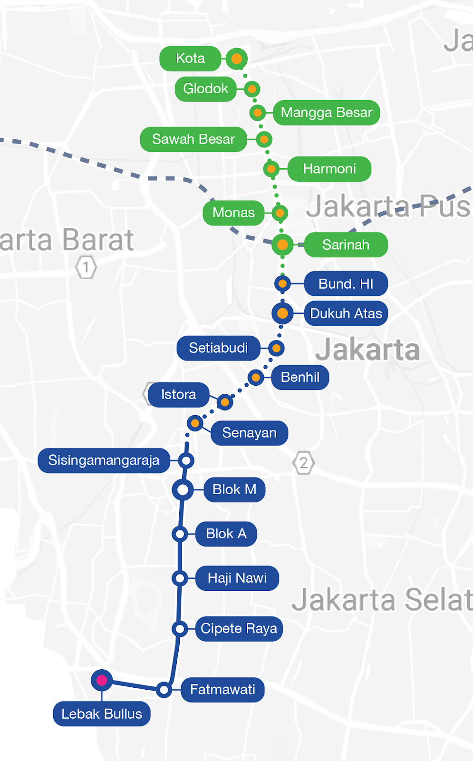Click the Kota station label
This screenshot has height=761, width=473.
pos(190,59)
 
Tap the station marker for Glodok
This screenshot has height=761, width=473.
pos(252,89)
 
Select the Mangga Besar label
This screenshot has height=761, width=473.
pos(326,113)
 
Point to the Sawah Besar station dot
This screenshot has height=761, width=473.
pos(264,139)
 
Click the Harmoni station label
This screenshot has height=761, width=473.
pos(329,169)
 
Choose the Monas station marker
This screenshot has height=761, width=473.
pos(280,213)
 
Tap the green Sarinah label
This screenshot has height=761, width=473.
pos(346,245)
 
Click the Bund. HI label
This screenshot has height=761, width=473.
pos(346,284)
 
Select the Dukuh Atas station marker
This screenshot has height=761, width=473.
pos(282,313)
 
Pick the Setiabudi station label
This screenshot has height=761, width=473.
pos(218,348)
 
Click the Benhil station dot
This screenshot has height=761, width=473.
pos(256,378)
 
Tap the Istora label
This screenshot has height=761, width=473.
pos(178,395)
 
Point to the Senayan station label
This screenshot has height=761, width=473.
pos(249,433)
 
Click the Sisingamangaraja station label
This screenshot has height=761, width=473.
pos(104,460)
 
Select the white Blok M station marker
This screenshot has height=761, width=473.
pos(183,489)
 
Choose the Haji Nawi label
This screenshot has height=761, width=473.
pos(237,578)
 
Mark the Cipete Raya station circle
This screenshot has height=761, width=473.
pos(180,629)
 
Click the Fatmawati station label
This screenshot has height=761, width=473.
pos(222,690)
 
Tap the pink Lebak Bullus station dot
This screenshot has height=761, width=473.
pos(102,680)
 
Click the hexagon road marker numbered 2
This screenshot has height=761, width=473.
pos(304,462)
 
